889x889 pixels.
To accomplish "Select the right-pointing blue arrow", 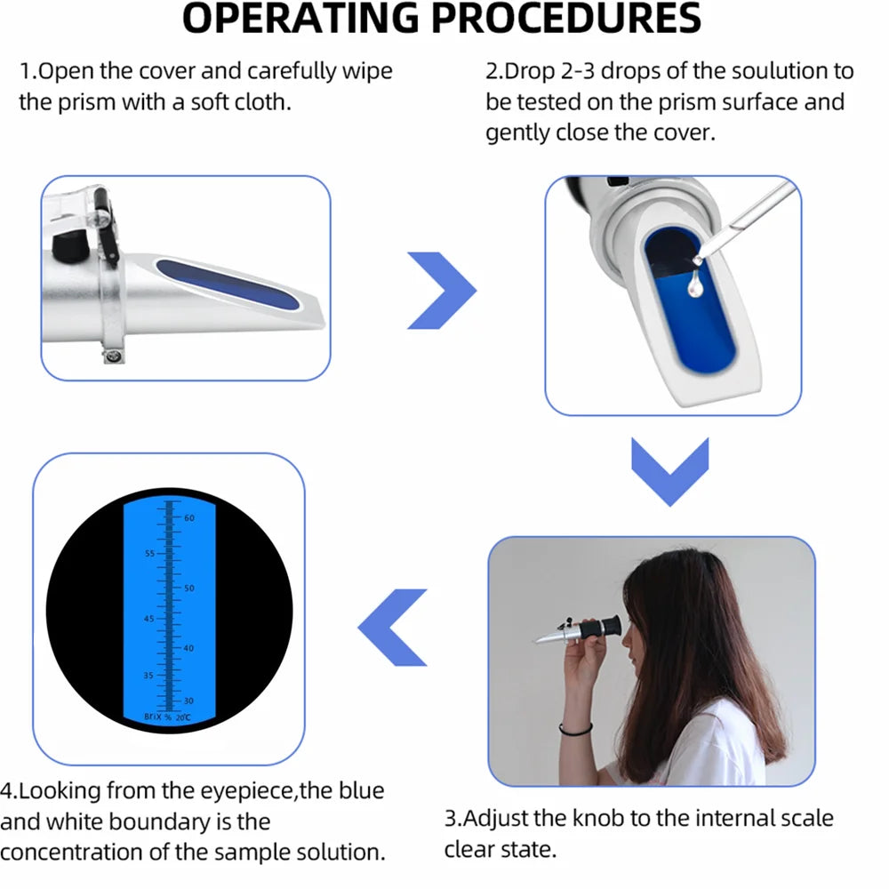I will click(442, 290).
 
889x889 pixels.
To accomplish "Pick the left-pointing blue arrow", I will click(392, 627).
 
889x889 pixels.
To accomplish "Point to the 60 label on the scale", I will click(189, 517).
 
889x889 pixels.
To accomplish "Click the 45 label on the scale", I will click(148, 619).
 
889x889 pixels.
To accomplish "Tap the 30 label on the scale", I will click(188, 701).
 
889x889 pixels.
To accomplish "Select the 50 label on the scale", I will click(188, 589).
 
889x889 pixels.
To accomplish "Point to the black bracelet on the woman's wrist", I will click(576, 731).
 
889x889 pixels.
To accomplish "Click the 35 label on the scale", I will click(148, 676).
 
